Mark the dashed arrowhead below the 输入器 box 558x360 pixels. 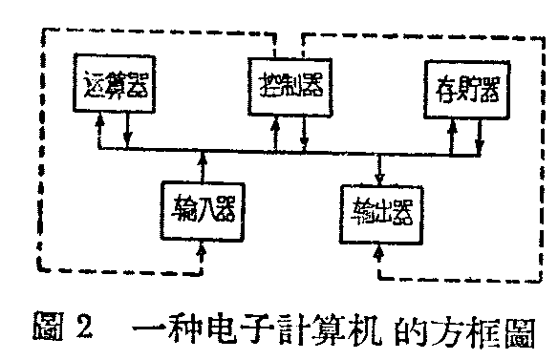point(200,251)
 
